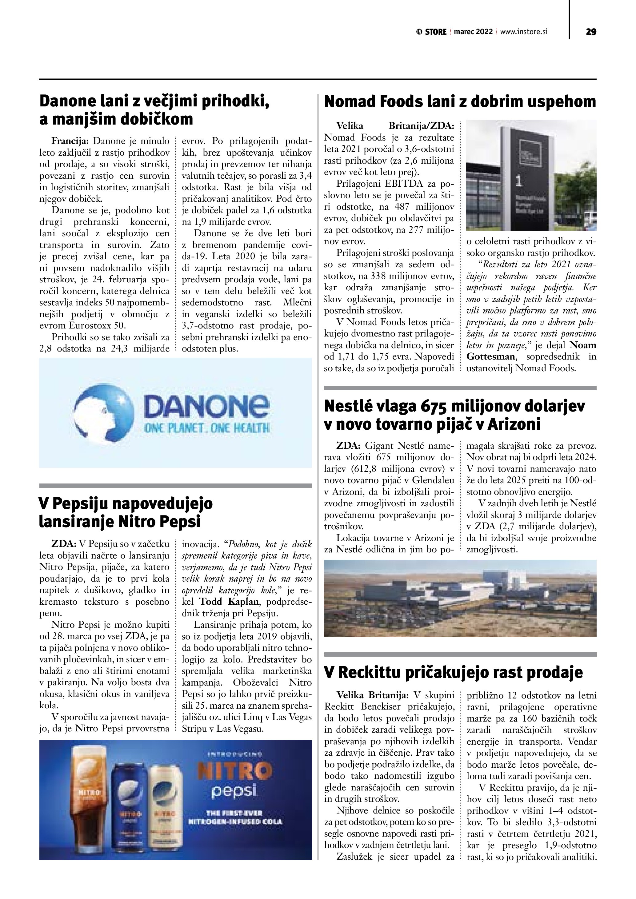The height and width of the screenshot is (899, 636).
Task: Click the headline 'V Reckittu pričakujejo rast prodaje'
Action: (454, 672)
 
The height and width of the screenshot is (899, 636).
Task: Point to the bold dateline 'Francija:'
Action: (70, 141)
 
